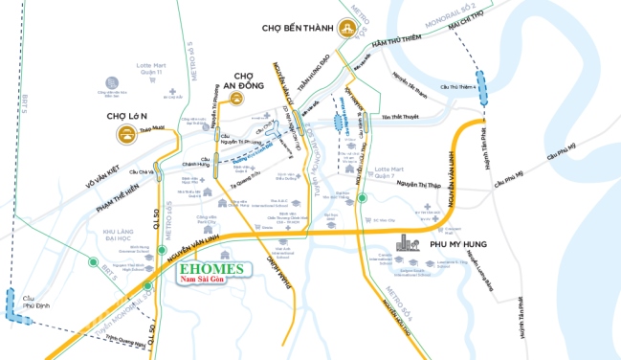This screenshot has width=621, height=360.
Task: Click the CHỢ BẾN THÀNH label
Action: [297, 29]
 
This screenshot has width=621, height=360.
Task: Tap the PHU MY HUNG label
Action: [453, 245]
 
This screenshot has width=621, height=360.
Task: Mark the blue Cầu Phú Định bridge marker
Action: [14, 304]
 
